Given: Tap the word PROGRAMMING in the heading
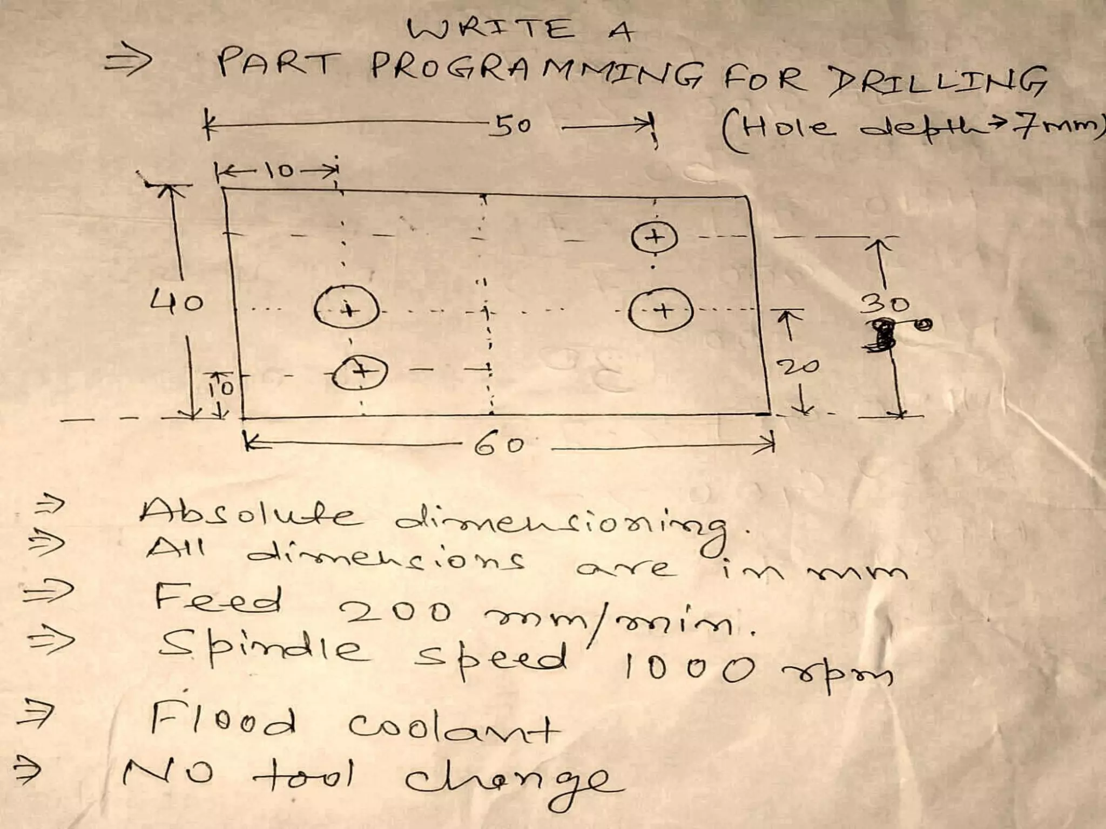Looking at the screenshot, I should (x=537, y=73).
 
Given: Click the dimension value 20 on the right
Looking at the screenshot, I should (x=801, y=368).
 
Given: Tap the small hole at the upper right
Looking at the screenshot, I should (x=654, y=237).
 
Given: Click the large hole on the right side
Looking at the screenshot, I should (x=660, y=310).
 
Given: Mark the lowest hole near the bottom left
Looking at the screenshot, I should (x=360, y=372).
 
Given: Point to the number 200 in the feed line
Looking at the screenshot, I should (x=397, y=613).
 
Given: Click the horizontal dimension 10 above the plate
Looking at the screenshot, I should (x=279, y=172).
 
